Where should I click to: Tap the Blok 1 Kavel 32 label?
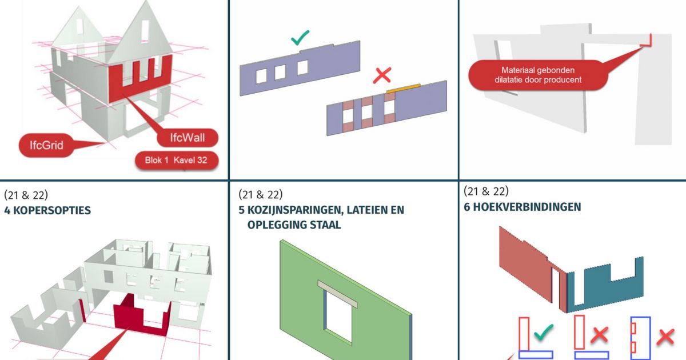(176, 161)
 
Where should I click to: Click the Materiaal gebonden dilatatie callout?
(537, 75)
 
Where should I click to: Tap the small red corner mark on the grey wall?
(649, 40)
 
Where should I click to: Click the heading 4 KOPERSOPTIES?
(47, 210)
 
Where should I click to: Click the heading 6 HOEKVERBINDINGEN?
(522, 207)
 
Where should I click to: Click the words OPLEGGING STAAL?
(294, 225)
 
